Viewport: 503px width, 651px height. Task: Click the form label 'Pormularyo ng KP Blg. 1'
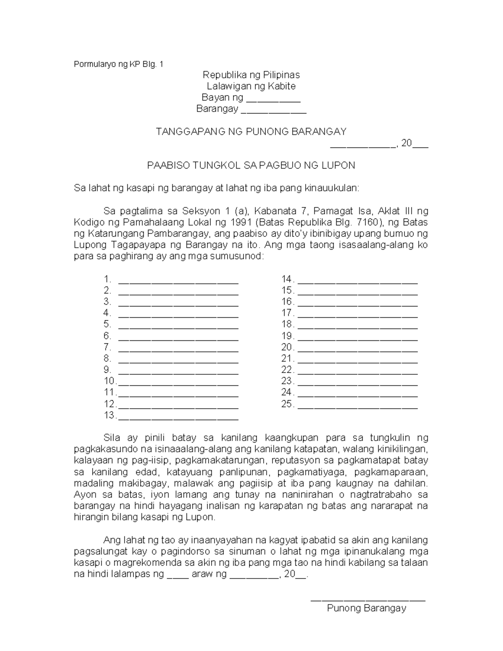coord(119,65)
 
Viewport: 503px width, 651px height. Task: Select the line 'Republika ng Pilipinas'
coord(251,75)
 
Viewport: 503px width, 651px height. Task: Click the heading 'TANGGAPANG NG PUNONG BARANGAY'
coord(251,132)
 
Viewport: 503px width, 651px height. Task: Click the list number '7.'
coord(108,347)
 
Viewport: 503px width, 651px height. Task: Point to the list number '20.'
coord(288,347)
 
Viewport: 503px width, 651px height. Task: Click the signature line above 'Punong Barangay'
coord(368,600)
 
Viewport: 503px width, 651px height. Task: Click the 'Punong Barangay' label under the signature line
coord(367,608)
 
